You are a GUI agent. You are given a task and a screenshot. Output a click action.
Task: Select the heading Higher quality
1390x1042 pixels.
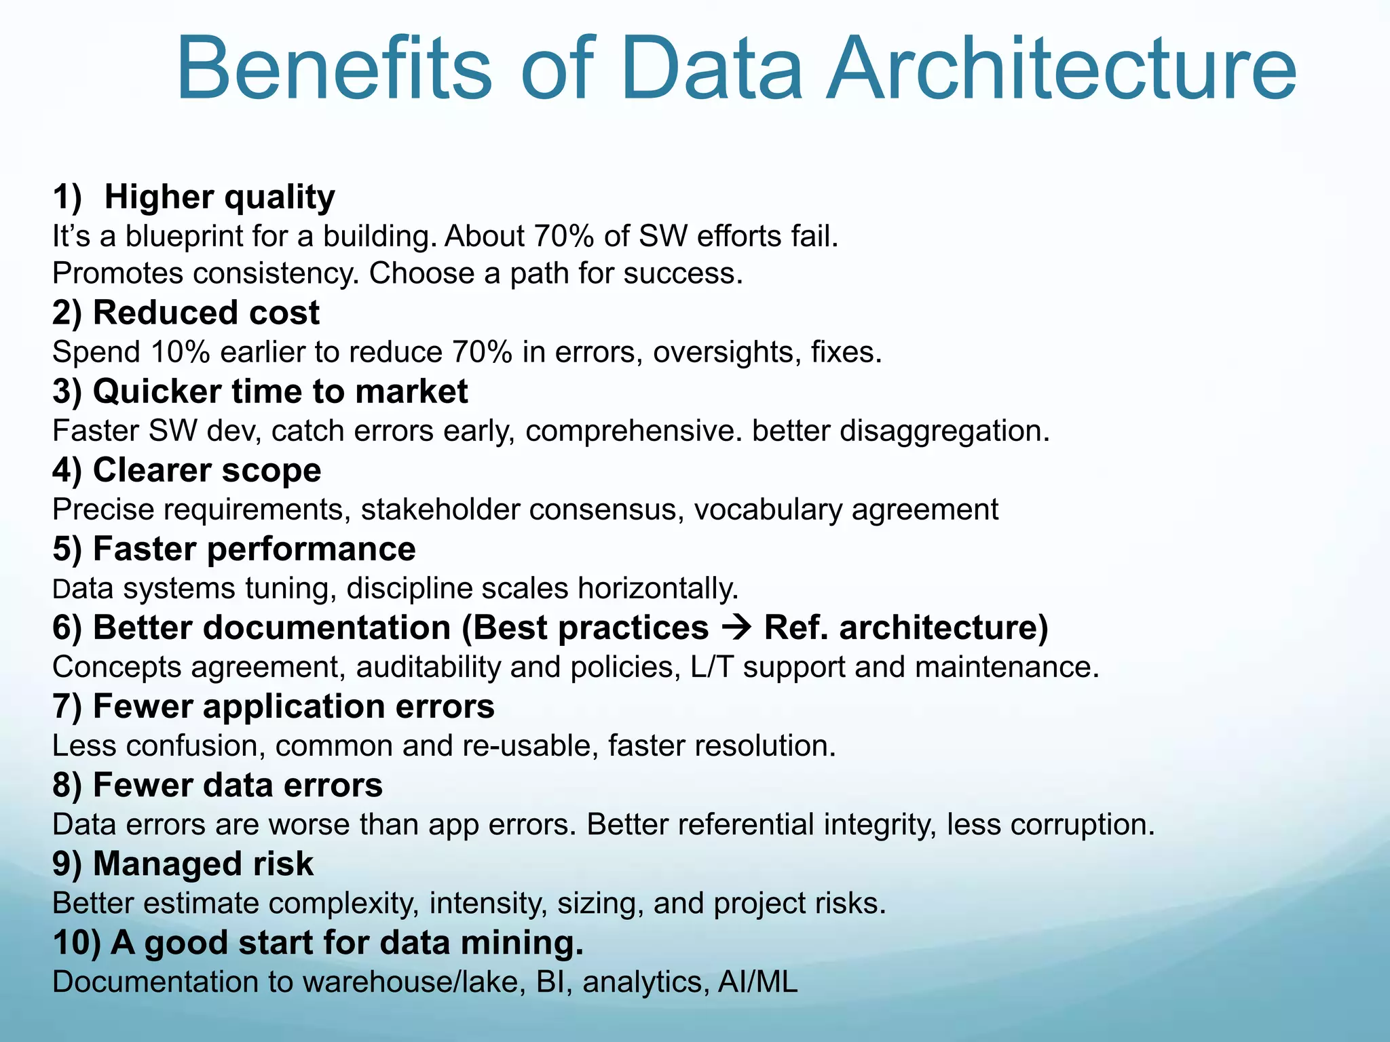point(219,197)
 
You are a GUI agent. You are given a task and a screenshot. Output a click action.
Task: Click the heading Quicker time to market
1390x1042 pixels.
point(260,392)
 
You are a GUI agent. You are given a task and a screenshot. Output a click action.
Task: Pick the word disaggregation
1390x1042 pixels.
point(944,431)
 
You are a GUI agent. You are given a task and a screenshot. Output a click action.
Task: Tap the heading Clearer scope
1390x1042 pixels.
point(187,471)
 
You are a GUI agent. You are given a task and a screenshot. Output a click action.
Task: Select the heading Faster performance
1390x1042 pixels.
point(234,549)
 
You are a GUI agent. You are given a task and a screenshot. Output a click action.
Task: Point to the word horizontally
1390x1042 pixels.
point(657,589)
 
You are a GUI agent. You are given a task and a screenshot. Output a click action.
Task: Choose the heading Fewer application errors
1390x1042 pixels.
point(274,707)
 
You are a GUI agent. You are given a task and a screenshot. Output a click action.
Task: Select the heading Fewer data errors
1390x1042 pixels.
point(218,786)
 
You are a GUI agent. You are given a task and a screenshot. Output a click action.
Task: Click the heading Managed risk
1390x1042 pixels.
point(183,864)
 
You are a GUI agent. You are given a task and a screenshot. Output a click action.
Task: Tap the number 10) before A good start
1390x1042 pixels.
point(77,943)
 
